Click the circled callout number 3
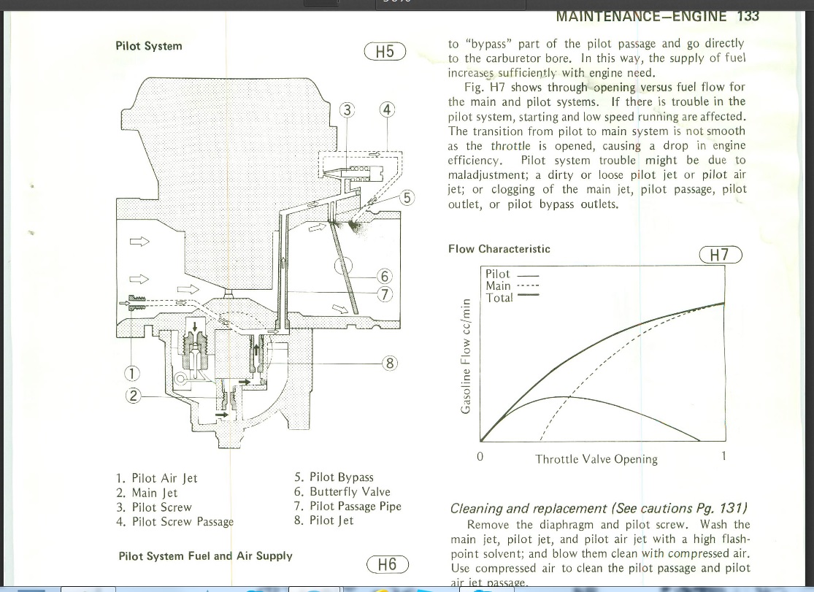[347, 111]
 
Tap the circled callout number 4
[387, 110]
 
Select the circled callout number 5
[407, 198]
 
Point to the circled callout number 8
[390, 363]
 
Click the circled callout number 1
[132, 373]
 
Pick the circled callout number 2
[133, 396]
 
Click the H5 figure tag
[385, 51]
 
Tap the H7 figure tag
[721, 255]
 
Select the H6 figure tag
[387, 564]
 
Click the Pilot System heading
[149, 46]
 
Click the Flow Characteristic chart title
[499, 249]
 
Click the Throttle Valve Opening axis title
[596, 459]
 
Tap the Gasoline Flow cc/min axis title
[466, 356]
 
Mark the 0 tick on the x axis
[480, 456]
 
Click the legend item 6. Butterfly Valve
[342, 492]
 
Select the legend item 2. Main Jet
[147, 493]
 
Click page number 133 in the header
[748, 16]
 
